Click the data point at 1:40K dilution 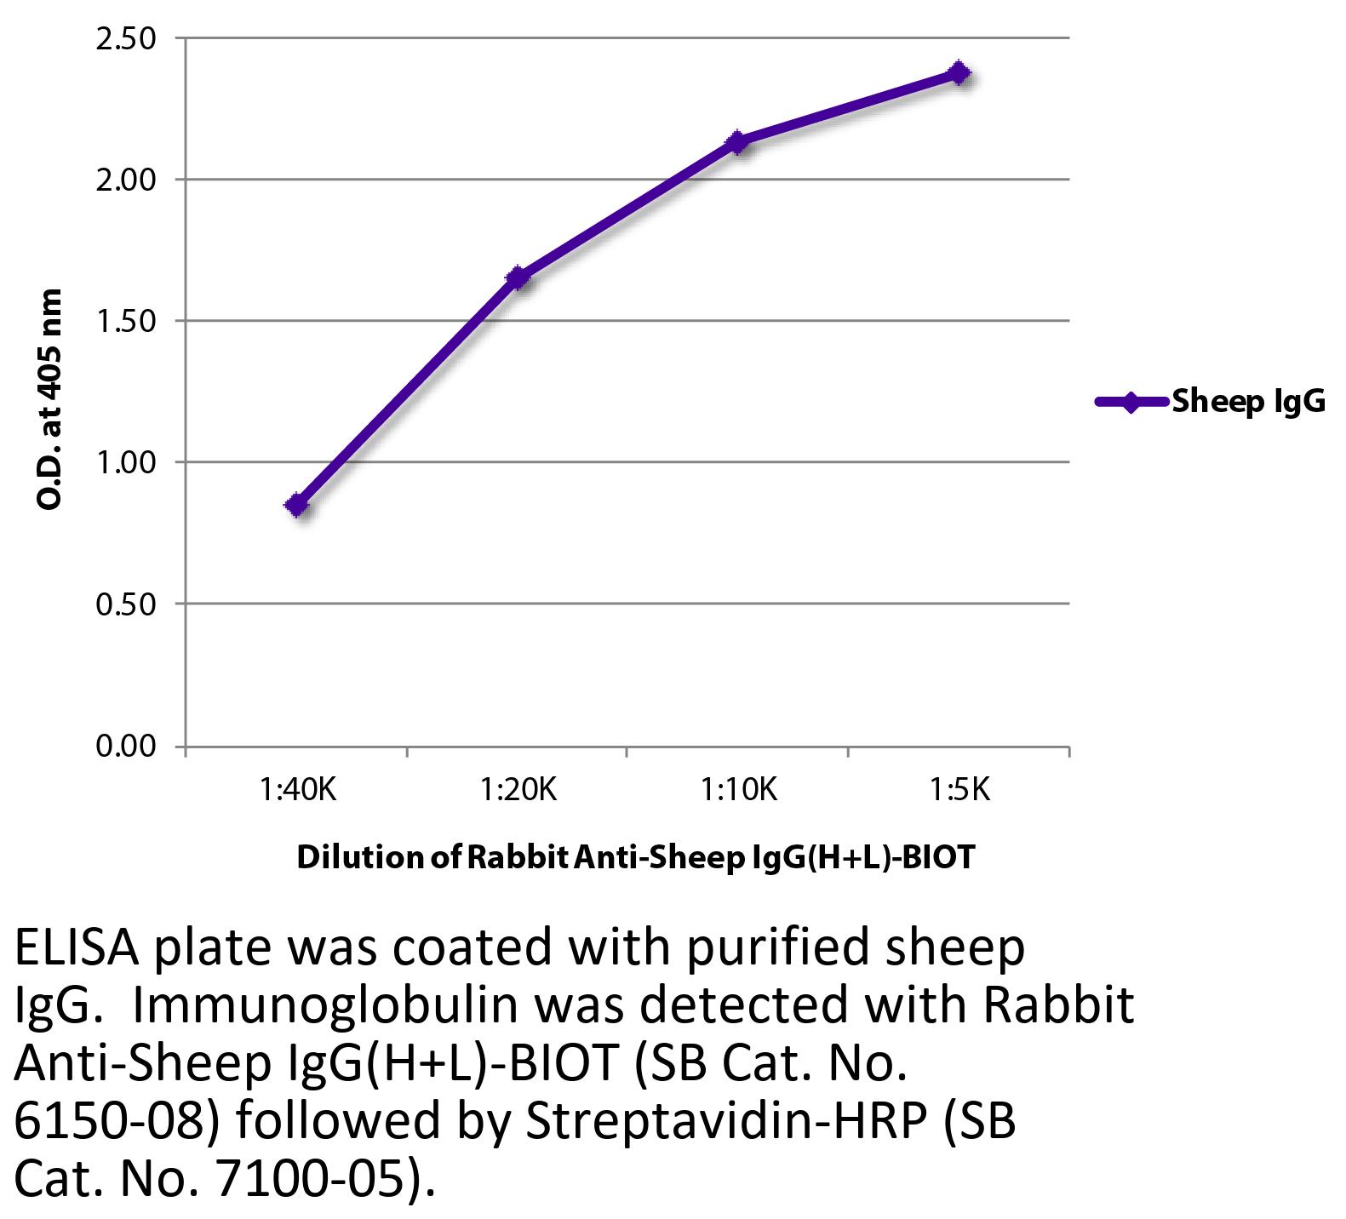pos(297,505)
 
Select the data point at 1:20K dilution pos(517,278)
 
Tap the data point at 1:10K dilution pos(737,141)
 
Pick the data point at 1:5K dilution pos(959,72)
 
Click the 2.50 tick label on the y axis pos(125,39)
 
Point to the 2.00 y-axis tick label pos(125,180)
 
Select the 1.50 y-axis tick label pos(125,322)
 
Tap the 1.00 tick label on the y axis pos(125,463)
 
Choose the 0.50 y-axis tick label pos(125,604)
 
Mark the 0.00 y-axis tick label pos(125,747)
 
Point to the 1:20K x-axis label pos(518,791)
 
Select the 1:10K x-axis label pos(738,791)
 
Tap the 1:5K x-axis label pos(959,791)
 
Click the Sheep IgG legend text pos(1248,402)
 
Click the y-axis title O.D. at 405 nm pos(50,399)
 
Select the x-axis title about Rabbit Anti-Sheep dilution pos(634,857)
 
